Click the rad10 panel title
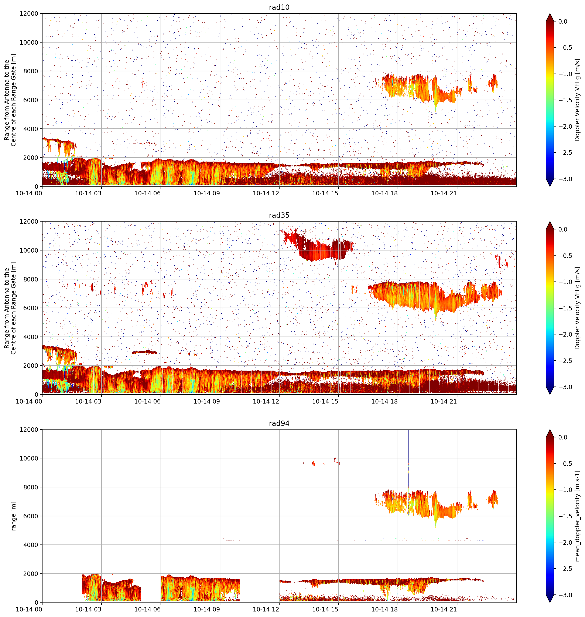coord(279,7)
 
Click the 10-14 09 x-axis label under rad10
coord(207,193)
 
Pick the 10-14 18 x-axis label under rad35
coord(384,401)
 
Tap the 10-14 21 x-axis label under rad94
coord(444,609)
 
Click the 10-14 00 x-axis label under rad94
coord(29,609)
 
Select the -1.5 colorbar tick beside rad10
coord(565,100)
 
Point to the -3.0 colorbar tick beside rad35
coord(565,387)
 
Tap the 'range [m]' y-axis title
coord(13,516)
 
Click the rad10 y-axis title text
coord(10,100)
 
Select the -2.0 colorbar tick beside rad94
coord(565,542)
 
